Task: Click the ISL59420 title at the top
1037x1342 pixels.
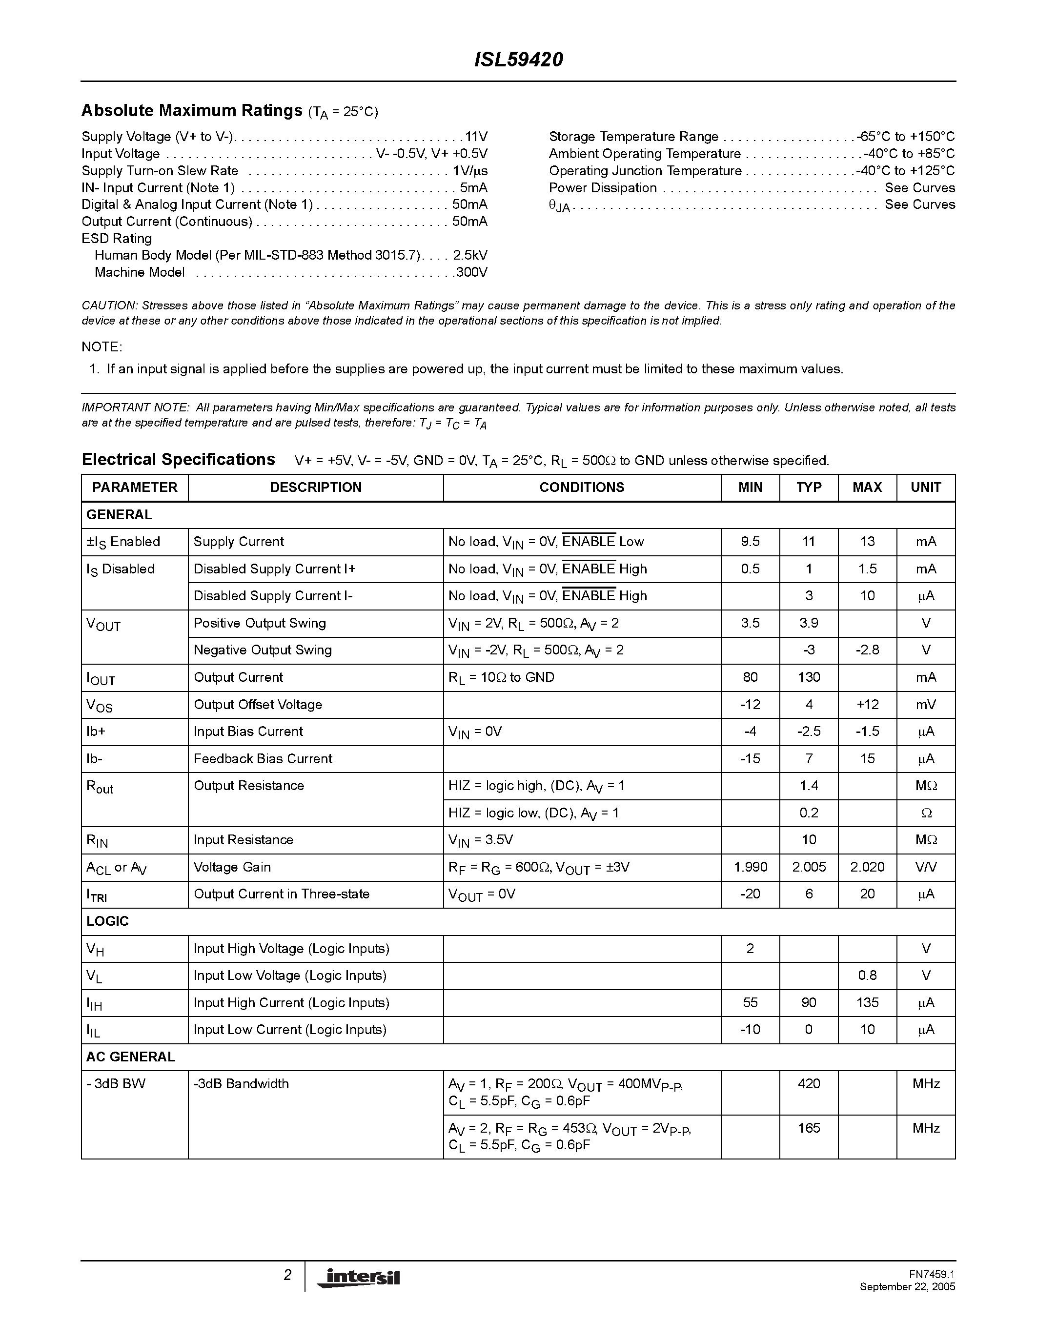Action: (x=518, y=60)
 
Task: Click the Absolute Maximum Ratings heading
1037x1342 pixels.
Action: (x=192, y=111)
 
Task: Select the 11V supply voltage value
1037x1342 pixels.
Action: (x=476, y=137)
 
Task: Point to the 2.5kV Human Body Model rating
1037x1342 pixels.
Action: (x=470, y=255)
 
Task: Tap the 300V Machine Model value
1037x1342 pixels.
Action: (x=471, y=272)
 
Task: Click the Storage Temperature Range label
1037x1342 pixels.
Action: (x=633, y=137)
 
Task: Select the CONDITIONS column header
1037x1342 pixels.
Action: (x=581, y=488)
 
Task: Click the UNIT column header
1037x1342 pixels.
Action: (x=925, y=488)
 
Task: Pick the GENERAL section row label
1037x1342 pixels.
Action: (x=119, y=515)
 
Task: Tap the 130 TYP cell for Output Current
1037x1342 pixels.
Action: (x=809, y=677)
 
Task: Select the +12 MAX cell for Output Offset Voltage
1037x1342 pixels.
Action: (x=867, y=704)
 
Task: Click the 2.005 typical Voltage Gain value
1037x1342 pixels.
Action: (x=809, y=867)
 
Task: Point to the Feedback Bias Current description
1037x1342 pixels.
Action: (x=263, y=759)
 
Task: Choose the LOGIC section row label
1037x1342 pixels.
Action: (x=107, y=921)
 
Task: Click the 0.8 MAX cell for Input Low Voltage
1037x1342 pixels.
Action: (x=867, y=975)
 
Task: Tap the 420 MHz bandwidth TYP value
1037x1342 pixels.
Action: (x=809, y=1084)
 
